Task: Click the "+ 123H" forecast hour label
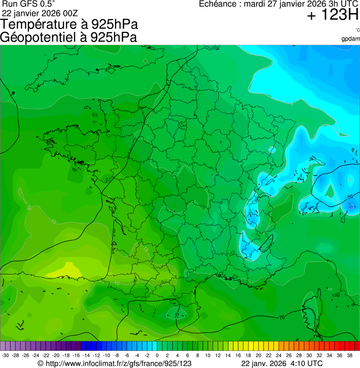[332, 15]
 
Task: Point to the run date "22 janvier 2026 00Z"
[40, 13]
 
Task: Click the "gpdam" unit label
[351, 38]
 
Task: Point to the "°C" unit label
[357, 30]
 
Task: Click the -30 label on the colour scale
[5, 355]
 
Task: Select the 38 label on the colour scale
[350, 355]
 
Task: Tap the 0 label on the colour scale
[157, 355]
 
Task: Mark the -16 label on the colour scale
[76, 355]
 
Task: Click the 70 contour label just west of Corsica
[281, 318]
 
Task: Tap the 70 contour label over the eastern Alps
[349, 197]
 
